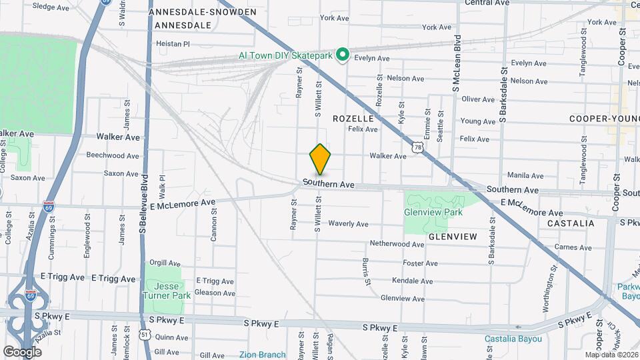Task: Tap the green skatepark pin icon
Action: pos(343,55)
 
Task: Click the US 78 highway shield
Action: pos(417,146)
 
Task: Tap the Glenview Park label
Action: pos(433,212)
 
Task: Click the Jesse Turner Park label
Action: pos(165,290)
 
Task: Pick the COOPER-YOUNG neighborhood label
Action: pos(603,119)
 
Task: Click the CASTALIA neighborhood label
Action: pos(570,223)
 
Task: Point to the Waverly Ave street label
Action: pos(349,224)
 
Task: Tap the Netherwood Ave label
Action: pos(397,244)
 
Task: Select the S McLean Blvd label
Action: pos(457,63)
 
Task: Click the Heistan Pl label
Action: pos(173,44)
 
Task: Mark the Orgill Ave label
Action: pos(165,263)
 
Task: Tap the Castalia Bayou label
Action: pos(513,339)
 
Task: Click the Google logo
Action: pos(22,351)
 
